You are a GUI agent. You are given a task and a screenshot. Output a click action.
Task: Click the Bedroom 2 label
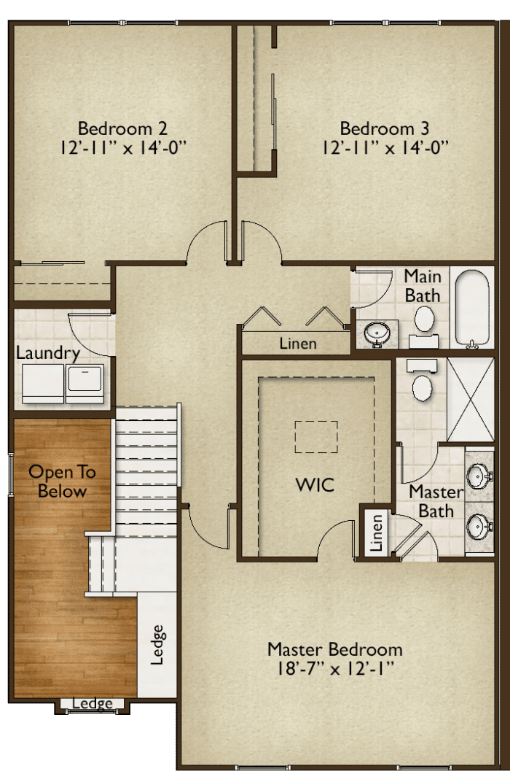122,128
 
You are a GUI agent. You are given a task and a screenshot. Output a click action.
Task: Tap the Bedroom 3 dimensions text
384,147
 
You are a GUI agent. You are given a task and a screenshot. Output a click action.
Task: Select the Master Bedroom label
334,649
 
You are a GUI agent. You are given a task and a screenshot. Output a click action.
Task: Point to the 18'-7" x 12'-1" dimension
334,669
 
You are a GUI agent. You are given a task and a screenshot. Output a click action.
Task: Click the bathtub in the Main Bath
471,308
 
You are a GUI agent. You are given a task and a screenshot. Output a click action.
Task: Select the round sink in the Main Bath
378,333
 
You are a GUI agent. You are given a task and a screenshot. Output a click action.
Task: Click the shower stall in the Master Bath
470,399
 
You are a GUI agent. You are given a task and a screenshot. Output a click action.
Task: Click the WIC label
315,484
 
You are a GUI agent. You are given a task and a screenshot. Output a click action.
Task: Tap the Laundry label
48,353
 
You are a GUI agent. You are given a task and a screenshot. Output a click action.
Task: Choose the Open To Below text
62,481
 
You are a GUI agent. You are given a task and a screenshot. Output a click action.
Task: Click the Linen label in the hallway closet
298,343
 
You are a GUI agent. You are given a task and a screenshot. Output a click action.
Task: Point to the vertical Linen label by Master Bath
377,533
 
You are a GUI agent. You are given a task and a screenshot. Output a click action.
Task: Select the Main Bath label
423,286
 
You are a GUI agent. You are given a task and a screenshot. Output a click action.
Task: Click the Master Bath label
436,501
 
